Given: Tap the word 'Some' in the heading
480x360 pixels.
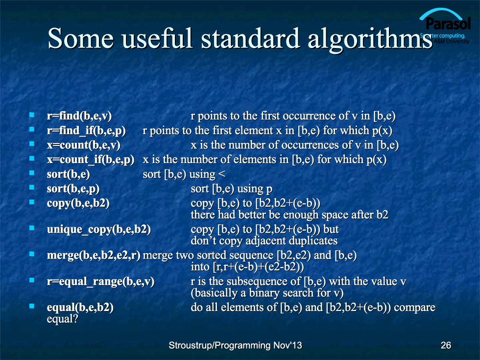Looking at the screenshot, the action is [x=80, y=39].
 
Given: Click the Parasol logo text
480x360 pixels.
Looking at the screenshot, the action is [x=448, y=24].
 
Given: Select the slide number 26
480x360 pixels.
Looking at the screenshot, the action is [x=446, y=345].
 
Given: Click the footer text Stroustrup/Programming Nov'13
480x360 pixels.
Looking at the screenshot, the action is [x=235, y=345].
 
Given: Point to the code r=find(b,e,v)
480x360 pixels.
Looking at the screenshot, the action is [x=79, y=116].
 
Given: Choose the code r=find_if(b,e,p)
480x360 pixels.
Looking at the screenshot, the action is [x=86, y=131].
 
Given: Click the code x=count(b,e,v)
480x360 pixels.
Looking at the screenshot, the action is [x=83, y=145].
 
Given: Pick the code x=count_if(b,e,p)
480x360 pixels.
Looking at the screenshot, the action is [x=90, y=160].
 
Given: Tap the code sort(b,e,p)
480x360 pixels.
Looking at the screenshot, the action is [x=73, y=189].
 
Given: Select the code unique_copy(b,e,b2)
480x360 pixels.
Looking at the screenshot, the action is [x=98, y=230].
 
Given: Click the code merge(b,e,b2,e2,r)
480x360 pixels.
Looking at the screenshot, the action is [x=94, y=256].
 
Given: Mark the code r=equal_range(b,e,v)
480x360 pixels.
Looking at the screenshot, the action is [x=100, y=282].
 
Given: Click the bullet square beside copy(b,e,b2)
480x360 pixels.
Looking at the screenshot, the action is [x=32, y=202].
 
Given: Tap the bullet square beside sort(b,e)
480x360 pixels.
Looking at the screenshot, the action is [x=32, y=173].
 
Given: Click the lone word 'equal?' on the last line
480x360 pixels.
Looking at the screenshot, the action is [x=63, y=319].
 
